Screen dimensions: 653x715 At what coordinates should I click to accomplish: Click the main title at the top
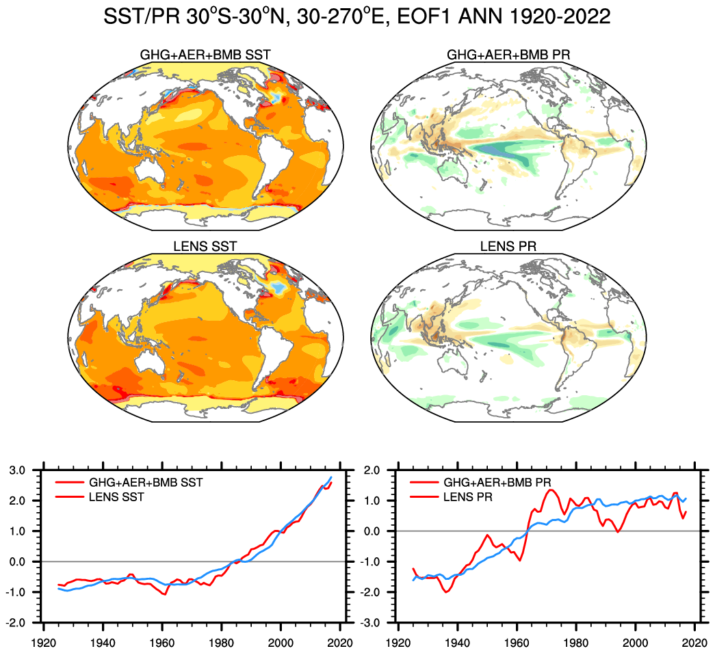356,16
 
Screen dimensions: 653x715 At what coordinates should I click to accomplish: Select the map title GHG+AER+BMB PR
508,55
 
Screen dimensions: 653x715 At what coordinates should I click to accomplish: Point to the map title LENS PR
508,247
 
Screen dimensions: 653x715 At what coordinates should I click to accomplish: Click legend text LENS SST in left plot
119,497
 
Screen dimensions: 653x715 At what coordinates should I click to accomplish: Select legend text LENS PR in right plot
468,497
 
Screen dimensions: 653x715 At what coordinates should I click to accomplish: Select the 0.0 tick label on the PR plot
374,531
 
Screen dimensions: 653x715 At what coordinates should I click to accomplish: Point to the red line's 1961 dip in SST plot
165,595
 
